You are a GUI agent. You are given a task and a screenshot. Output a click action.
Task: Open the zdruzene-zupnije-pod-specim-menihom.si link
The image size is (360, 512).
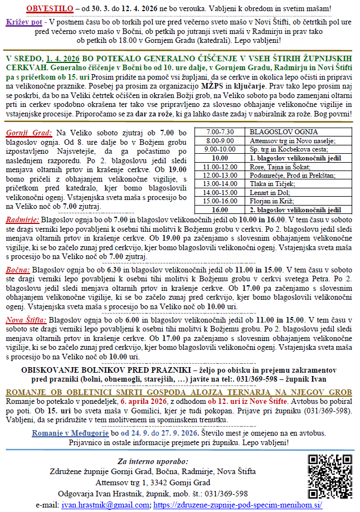pos(237,504)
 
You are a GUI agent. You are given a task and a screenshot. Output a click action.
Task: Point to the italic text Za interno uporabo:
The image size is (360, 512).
pos(153,461)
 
